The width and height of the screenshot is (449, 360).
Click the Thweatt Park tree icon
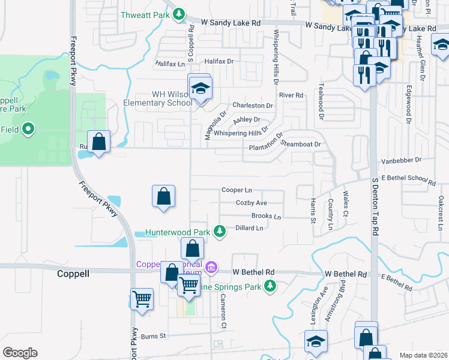179,15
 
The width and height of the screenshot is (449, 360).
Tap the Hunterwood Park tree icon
220,232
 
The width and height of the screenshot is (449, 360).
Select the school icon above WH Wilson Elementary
200,88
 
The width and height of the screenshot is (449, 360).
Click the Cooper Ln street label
236,190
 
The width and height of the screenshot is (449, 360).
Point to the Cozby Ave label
251,203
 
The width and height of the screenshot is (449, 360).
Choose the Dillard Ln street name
249,228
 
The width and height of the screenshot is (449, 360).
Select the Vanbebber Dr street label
402,160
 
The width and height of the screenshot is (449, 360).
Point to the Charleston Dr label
253,106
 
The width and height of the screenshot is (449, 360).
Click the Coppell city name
73,274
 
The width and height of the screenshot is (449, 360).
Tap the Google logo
20,353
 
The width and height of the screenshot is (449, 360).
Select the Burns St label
153,337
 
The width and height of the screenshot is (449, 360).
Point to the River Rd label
292,95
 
